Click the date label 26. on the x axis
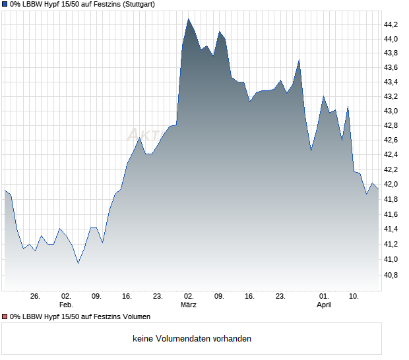(x=36, y=297)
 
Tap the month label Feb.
(x=66, y=305)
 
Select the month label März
(x=189, y=305)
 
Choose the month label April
(x=324, y=305)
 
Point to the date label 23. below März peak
(x=280, y=297)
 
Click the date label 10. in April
(x=354, y=297)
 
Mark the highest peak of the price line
(x=188, y=19)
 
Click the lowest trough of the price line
(x=78, y=263)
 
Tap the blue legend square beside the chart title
(x=5, y=4)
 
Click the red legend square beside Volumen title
(x=5, y=317)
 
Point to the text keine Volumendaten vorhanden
(x=191, y=339)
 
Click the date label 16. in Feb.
(x=127, y=297)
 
